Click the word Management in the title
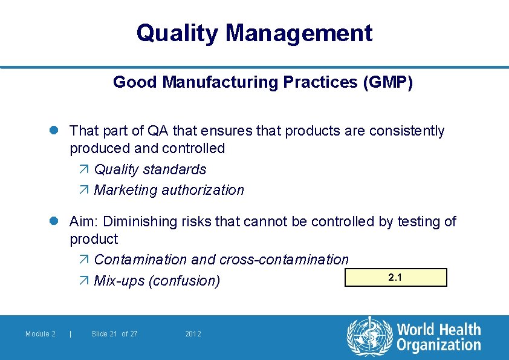299,33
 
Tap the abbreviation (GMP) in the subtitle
387,82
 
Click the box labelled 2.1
395,278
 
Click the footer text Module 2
41,334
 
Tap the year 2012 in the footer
193,334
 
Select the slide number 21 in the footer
112,334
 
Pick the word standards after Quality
176,169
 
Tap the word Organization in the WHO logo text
438,345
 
